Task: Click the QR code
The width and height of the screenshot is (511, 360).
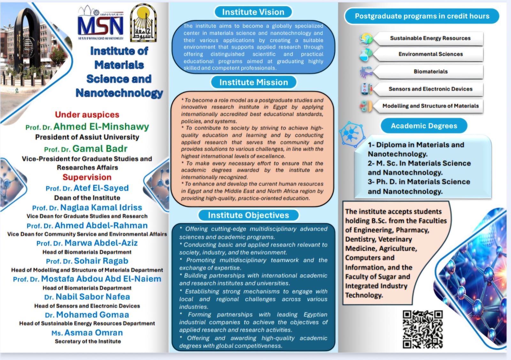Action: point(423,329)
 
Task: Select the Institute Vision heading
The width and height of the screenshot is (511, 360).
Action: point(253,12)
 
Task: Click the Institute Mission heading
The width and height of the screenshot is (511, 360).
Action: point(254,82)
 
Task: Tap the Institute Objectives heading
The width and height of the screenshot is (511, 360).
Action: point(248,215)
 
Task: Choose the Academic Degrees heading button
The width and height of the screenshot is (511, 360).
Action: point(424,126)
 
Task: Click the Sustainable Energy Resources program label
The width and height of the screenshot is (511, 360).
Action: point(430,38)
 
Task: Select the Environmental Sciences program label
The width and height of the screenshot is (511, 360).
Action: point(430,54)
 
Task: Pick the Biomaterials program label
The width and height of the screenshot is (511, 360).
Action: point(431,72)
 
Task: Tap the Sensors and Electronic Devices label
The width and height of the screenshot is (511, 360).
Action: point(430,89)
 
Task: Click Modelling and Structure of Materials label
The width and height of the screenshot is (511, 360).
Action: point(430,106)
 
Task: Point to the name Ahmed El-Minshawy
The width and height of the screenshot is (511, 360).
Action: point(101,127)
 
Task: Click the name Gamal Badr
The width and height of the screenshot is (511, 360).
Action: point(100,149)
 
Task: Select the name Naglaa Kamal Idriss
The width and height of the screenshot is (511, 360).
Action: point(101,208)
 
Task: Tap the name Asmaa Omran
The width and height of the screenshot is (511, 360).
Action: point(93,333)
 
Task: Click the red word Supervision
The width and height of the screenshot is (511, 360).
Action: point(87,177)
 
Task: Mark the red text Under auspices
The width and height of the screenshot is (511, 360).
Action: point(87,115)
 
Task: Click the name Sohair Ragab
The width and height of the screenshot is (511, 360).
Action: point(101,261)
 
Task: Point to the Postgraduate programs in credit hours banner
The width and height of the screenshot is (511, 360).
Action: point(422,16)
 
